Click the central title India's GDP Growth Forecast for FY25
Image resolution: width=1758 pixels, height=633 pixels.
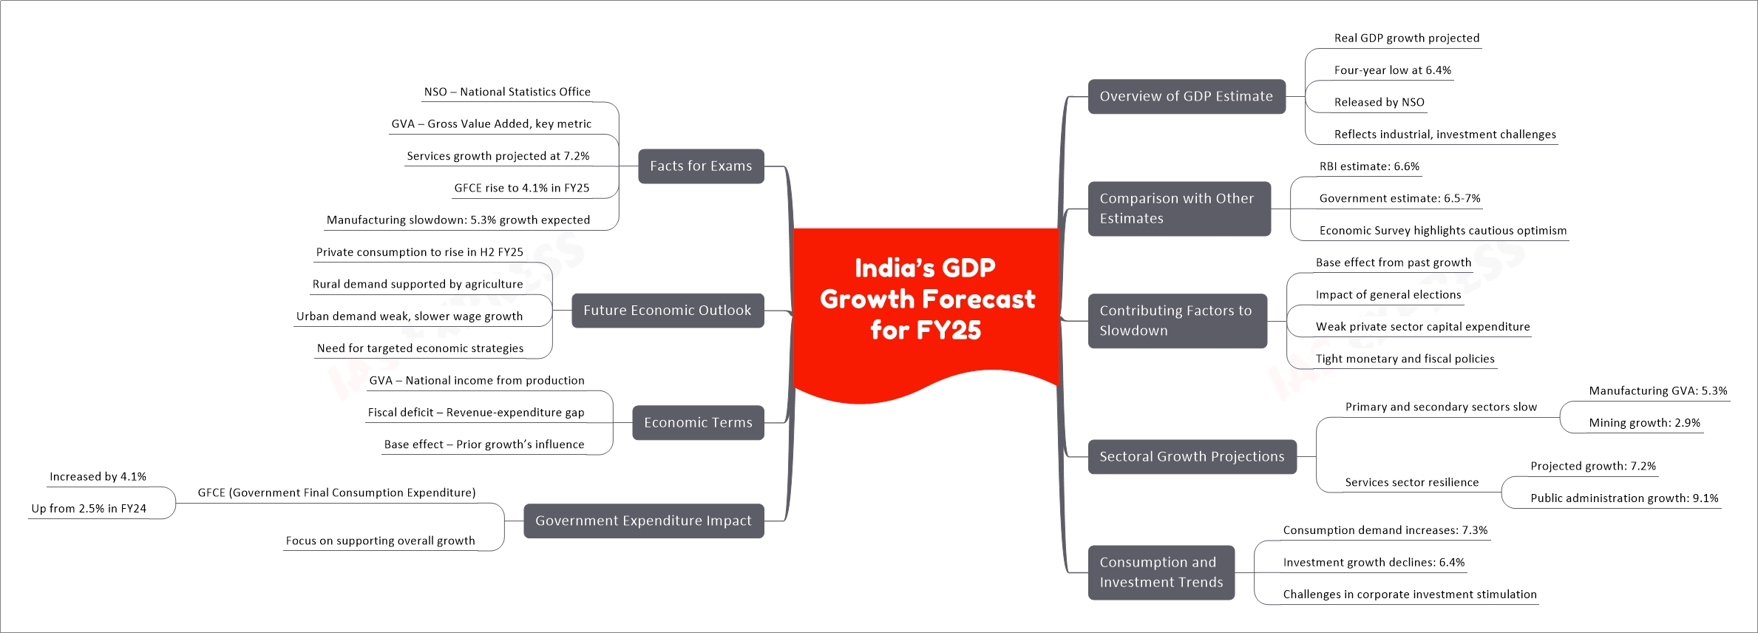pyautogui.click(x=927, y=299)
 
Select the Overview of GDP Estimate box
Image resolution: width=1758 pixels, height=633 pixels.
pyautogui.click(x=1187, y=96)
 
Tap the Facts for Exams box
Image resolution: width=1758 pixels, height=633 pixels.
pyautogui.click(x=701, y=166)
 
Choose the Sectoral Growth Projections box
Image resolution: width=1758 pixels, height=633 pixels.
pyautogui.click(x=1192, y=457)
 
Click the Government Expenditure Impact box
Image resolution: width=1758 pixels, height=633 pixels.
pyautogui.click(x=643, y=521)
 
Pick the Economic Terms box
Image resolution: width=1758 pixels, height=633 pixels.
pyautogui.click(x=698, y=422)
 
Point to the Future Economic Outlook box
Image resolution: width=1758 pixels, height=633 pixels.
pyautogui.click(x=668, y=311)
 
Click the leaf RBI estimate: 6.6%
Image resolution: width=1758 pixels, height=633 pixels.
pyautogui.click(x=1369, y=166)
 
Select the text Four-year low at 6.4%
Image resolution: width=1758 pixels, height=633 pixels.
pyautogui.click(x=1393, y=70)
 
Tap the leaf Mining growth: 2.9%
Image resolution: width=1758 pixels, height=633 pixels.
pyautogui.click(x=1645, y=423)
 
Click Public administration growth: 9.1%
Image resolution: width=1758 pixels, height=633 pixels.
pyautogui.click(x=1624, y=498)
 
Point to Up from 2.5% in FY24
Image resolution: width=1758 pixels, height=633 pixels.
pyautogui.click(x=89, y=509)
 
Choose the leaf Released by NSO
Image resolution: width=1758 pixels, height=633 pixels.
pyautogui.click(x=1379, y=102)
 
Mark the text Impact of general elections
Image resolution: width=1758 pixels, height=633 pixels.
pyautogui.click(x=1388, y=294)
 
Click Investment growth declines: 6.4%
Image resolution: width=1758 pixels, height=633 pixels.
pyautogui.click(x=1374, y=562)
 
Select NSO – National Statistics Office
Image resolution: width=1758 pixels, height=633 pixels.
pyautogui.click(x=507, y=92)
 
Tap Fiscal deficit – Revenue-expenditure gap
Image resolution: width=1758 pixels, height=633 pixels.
pyautogui.click(x=476, y=413)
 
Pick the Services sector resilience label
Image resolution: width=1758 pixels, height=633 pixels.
pyautogui.click(x=1412, y=482)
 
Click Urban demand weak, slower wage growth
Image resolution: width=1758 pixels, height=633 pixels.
pyautogui.click(x=410, y=316)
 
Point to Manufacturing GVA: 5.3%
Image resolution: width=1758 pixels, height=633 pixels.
pyautogui.click(x=1658, y=390)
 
